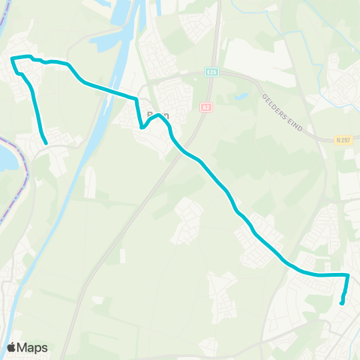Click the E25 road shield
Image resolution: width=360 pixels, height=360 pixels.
(212, 72)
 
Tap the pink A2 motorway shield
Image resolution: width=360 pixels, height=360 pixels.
(205, 108)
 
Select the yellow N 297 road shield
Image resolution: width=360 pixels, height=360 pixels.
(344, 139)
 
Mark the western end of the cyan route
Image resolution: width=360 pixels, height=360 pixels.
(46, 142)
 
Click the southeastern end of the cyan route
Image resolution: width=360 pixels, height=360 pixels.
(342, 303)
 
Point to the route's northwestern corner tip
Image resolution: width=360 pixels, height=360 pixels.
(13, 58)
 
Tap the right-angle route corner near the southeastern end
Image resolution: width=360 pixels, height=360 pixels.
(348, 275)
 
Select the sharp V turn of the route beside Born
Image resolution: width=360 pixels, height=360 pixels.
(142, 127)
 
